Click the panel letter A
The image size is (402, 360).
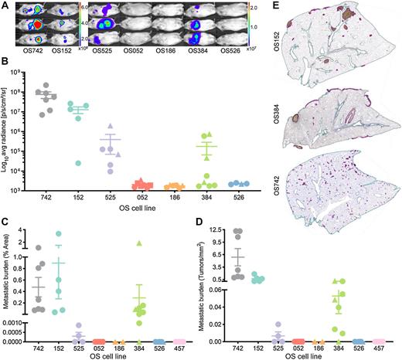point(5,5)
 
